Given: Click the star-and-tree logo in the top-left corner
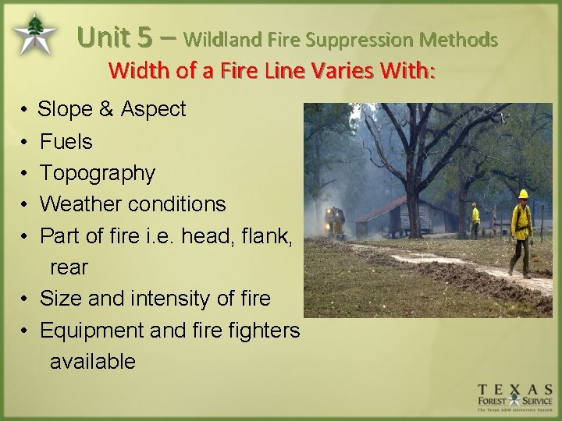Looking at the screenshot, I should pyautogui.click(x=34, y=34).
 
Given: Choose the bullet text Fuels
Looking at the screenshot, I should pyautogui.click(x=66, y=142).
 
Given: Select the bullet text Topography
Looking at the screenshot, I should pyautogui.click(x=97, y=173).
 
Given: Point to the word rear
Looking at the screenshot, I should pyautogui.click(x=69, y=267).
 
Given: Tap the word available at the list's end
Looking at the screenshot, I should pyautogui.click(x=92, y=362).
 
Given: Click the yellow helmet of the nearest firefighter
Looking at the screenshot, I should pyautogui.click(x=523, y=194).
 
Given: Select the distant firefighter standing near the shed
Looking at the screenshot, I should pyautogui.click(x=475, y=219).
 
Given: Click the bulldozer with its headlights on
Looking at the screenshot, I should pyautogui.click(x=336, y=222).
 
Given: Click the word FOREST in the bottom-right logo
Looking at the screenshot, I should pyautogui.click(x=495, y=402).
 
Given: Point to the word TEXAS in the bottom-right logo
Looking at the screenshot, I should pyautogui.click(x=516, y=388).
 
